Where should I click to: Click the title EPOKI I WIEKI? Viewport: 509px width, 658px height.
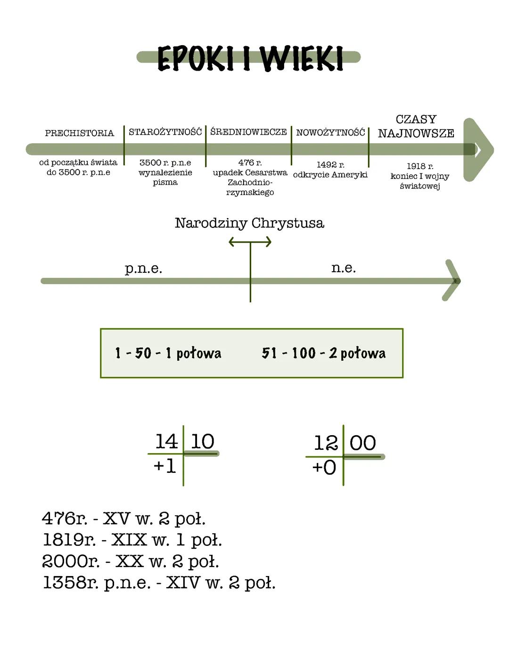[249, 58]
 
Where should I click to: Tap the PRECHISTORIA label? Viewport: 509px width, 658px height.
[79, 133]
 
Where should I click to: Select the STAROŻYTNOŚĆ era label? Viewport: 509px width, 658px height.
[165, 132]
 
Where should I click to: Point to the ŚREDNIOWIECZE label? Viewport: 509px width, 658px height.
[248, 132]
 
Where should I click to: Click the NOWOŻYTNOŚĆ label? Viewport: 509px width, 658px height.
[330, 133]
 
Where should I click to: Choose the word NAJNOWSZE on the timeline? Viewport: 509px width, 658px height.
[416, 133]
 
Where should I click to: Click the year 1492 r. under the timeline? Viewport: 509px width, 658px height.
[330, 164]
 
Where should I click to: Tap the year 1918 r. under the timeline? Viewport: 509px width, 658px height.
[420, 166]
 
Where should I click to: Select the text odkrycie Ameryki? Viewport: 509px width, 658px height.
[330, 175]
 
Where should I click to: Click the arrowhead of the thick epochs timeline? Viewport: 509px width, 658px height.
[478, 150]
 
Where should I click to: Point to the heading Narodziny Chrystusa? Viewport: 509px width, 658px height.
[249, 223]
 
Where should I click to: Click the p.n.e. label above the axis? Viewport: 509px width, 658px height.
[143, 268]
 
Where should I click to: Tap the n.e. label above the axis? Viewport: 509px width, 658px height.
[344, 268]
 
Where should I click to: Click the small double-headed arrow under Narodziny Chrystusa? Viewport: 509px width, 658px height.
[250, 242]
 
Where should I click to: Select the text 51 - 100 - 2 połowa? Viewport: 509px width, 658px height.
[323, 353]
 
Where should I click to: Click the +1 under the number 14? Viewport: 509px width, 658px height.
[164, 466]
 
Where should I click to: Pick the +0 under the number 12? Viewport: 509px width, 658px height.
[324, 468]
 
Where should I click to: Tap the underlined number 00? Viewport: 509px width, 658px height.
[363, 443]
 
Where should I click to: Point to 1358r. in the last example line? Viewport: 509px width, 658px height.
[71, 583]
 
